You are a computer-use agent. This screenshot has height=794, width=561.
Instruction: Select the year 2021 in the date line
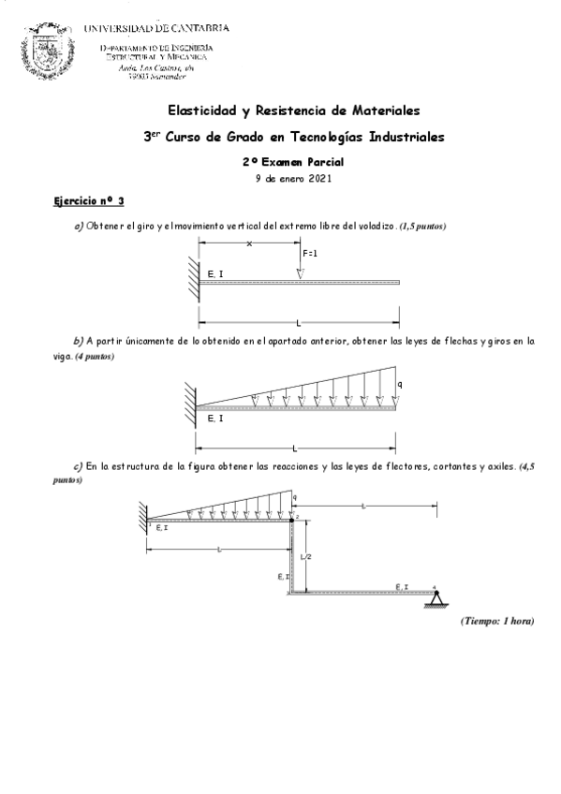[319, 179]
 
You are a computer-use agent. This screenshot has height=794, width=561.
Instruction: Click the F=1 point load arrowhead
[300, 273]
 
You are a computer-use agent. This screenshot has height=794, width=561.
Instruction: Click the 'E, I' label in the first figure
[214, 272]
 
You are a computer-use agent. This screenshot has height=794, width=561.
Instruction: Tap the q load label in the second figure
[399, 384]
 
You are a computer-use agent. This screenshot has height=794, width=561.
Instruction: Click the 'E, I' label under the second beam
[214, 418]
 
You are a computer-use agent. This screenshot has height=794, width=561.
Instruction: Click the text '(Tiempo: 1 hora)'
[496, 621]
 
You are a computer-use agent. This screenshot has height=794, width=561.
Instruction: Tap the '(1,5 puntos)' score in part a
[422, 227]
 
